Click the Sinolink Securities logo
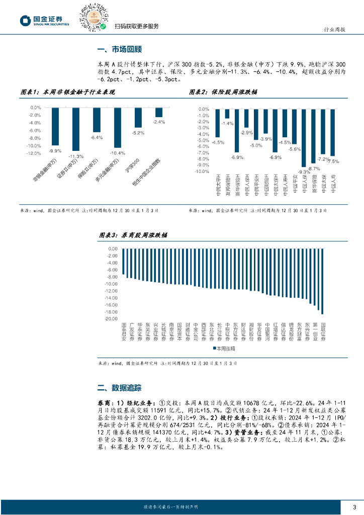[44, 20]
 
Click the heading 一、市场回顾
[119, 50]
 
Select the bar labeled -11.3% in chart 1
[75, 129]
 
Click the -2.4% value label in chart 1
[158, 122]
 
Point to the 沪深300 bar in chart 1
[138, 118]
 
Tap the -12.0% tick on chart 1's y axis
[34, 153]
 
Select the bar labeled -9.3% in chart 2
[303, 138]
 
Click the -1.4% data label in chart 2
[228, 124]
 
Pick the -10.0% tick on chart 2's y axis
[202, 171]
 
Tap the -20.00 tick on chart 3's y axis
[111, 319]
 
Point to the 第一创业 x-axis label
[315, 332]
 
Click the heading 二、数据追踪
[119, 388]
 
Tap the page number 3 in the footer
[354, 506]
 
